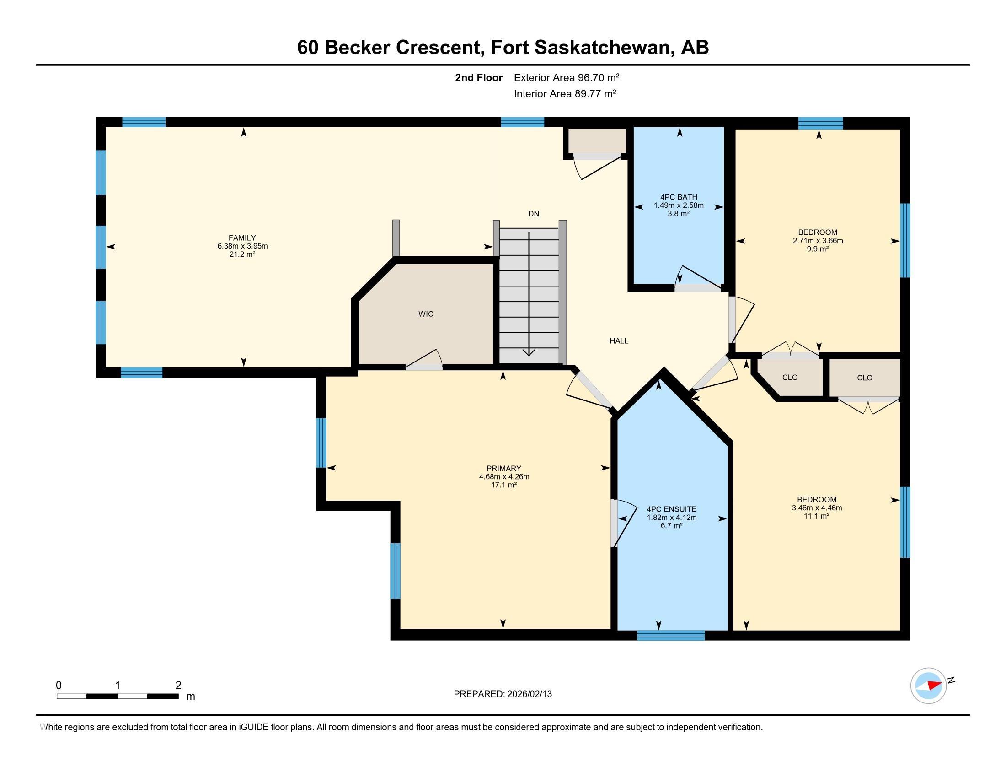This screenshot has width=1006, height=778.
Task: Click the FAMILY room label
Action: pyautogui.click(x=242, y=238)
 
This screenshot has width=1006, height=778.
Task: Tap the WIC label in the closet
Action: pyautogui.click(x=426, y=314)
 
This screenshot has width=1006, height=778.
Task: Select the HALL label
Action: pyautogui.click(x=619, y=341)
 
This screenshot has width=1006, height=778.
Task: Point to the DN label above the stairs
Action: pyautogui.click(x=533, y=214)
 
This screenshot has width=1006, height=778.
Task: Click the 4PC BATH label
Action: pyautogui.click(x=679, y=197)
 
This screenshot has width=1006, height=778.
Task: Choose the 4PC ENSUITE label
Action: pyautogui.click(x=672, y=509)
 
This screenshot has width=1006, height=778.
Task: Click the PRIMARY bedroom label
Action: pyautogui.click(x=504, y=469)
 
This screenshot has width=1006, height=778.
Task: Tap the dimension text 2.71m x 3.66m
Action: pyautogui.click(x=818, y=241)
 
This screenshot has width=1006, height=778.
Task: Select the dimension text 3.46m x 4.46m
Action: pyautogui.click(x=817, y=508)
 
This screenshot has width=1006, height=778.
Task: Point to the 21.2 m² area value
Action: pyautogui.click(x=242, y=254)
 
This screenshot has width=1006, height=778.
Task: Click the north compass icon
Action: pyautogui.click(x=928, y=686)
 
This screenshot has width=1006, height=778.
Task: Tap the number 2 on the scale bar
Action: pyautogui.click(x=178, y=686)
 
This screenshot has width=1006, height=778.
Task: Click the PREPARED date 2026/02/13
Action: pyautogui.click(x=529, y=694)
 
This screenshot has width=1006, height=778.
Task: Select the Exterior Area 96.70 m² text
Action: pyautogui.click(x=567, y=77)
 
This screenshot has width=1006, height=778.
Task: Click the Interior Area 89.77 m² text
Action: pyautogui.click(x=565, y=94)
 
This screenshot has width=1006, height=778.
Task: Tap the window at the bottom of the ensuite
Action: pyautogui.click(x=671, y=635)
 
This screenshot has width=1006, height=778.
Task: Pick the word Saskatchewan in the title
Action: pyautogui.click(x=581, y=48)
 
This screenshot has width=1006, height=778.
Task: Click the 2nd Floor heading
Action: pyautogui.click(x=479, y=77)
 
